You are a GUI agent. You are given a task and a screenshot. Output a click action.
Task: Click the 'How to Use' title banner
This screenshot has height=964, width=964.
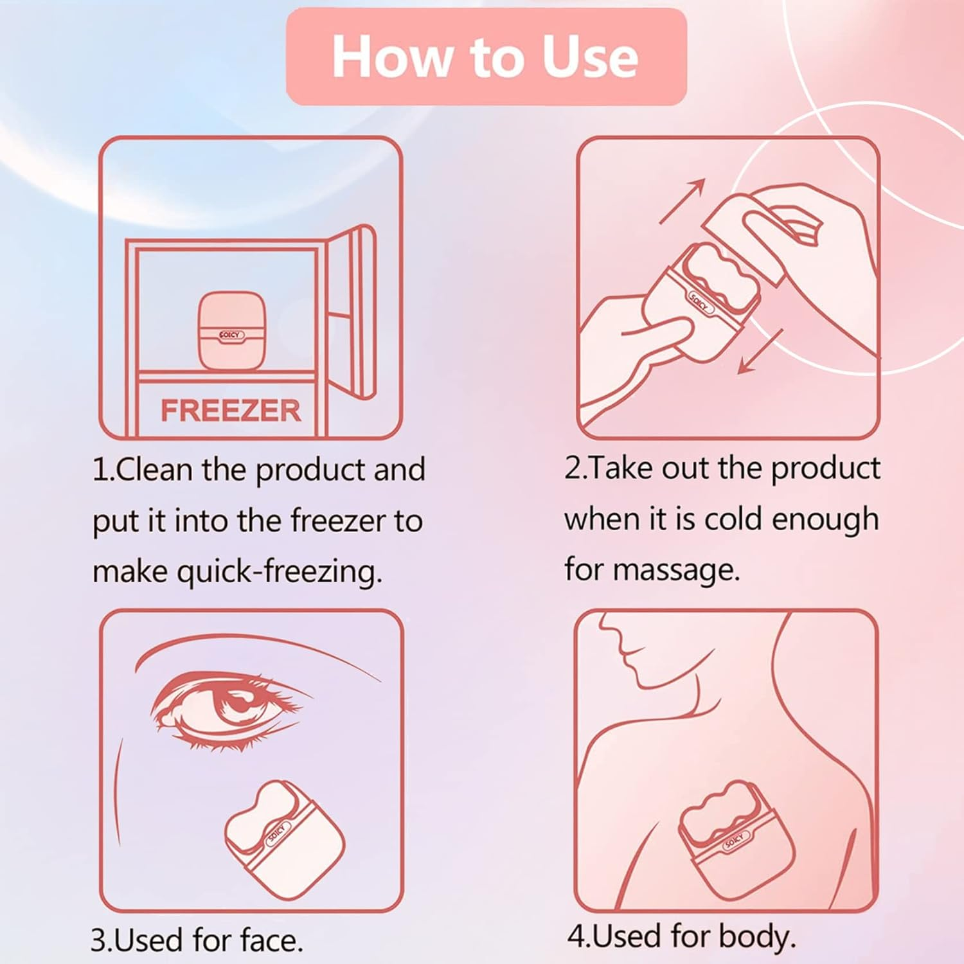pyautogui.click(x=486, y=57)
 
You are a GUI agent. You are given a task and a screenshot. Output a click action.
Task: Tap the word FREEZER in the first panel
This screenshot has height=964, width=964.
pyautogui.click(x=231, y=411)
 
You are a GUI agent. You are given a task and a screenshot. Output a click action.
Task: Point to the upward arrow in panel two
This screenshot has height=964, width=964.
pyautogui.click(x=683, y=201)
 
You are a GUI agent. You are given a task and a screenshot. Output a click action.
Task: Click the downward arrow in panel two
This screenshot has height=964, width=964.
pyautogui.click(x=760, y=351)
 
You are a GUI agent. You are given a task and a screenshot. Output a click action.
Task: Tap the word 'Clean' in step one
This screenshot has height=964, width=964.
pyautogui.click(x=155, y=470)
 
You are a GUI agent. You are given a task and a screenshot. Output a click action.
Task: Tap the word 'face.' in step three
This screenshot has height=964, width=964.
pyautogui.click(x=272, y=940)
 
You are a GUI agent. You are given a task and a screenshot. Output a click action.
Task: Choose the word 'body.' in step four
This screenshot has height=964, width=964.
pyautogui.click(x=758, y=937)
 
